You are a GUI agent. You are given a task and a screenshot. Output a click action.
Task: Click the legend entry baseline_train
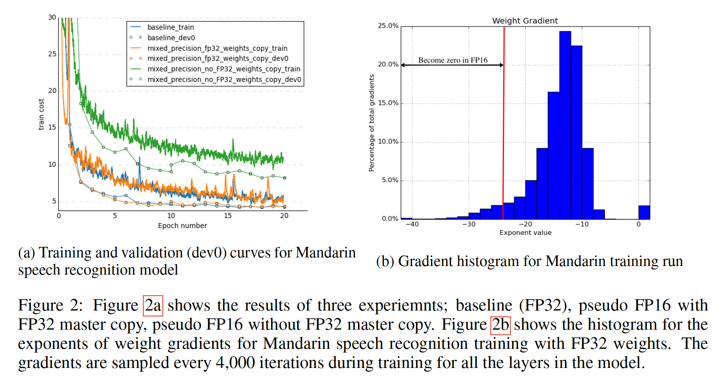[x=170, y=27]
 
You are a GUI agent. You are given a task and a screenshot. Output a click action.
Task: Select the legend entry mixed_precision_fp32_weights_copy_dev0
[x=217, y=59]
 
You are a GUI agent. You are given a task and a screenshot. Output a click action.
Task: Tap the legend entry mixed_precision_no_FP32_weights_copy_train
[x=223, y=69]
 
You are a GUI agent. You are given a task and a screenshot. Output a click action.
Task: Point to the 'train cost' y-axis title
[x=41, y=114]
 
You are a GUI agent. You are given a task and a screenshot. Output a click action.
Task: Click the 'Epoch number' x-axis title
[x=182, y=226]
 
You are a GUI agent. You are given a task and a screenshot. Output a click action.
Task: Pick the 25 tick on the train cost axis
[x=52, y=54]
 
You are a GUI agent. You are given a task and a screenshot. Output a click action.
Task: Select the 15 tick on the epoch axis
[x=228, y=216]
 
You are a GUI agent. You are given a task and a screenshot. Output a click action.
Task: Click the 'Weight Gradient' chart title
[x=525, y=21]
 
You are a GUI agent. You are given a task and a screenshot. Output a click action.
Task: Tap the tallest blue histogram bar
[x=565, y=125]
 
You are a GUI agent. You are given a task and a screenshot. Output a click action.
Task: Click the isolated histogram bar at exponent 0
[x=644, y=212]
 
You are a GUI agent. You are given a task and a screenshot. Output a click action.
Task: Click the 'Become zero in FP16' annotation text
[x=453, y=60]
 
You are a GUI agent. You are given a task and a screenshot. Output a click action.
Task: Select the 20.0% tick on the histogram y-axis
[x=388, y=64]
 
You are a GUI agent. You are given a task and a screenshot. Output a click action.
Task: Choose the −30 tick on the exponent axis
[x=469, y=224]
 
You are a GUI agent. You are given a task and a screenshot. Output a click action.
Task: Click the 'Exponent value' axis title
[x=526, y=233]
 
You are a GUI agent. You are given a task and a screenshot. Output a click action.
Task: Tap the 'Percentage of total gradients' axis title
[x=372, y=123]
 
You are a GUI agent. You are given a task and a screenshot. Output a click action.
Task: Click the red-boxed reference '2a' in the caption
[x=153, y=305]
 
